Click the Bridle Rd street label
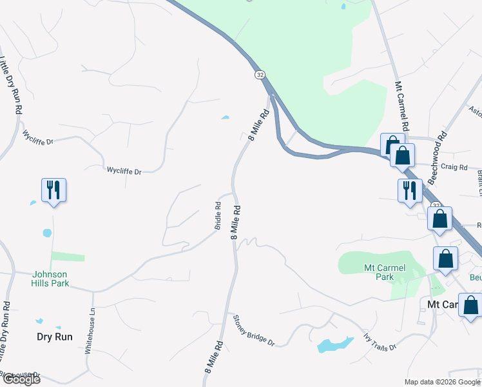click(x=218, y=216)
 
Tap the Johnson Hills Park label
click(x=50, y=279)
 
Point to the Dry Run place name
click(x=54, y=337)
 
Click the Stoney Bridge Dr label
click(x=253, y=330)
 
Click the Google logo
click(x=21, y=379)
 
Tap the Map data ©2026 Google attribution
click(x=441, y=382)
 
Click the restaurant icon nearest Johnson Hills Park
click(x=53, y=190)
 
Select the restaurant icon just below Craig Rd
click(x=410, y=190)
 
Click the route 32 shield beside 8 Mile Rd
click(x=260, y=75)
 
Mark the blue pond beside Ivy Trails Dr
click(x=334, y=344)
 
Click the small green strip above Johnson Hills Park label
click(x=68, y=257)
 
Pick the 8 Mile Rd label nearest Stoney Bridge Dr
click(x=214, y=356)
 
